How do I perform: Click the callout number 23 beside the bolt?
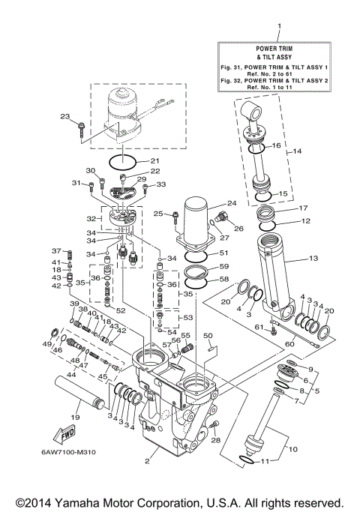(x=64, y=115)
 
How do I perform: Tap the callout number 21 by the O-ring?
(x=154, y=160)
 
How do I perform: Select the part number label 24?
(x=232, y=203)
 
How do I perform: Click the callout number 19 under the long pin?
(x=75, y=415)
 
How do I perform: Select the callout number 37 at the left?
(x=55, y=250)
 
